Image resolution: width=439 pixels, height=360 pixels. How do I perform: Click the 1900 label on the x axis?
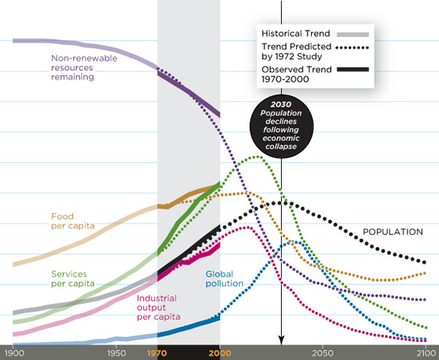[14, 353]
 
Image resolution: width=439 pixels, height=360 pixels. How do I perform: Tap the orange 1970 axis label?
[157, 353]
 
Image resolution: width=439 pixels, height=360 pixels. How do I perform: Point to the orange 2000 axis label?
[219, 353]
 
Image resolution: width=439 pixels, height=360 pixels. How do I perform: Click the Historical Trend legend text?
[296, 33]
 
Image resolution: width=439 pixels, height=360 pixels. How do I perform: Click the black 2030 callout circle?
[281, 126]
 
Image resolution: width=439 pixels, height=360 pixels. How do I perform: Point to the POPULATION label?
[393, 232]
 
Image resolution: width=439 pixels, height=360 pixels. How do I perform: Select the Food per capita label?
[72, 221]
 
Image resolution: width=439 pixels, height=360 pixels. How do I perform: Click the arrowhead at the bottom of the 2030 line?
[281, 341]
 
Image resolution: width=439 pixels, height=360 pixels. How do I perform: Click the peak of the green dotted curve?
[258, 156]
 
